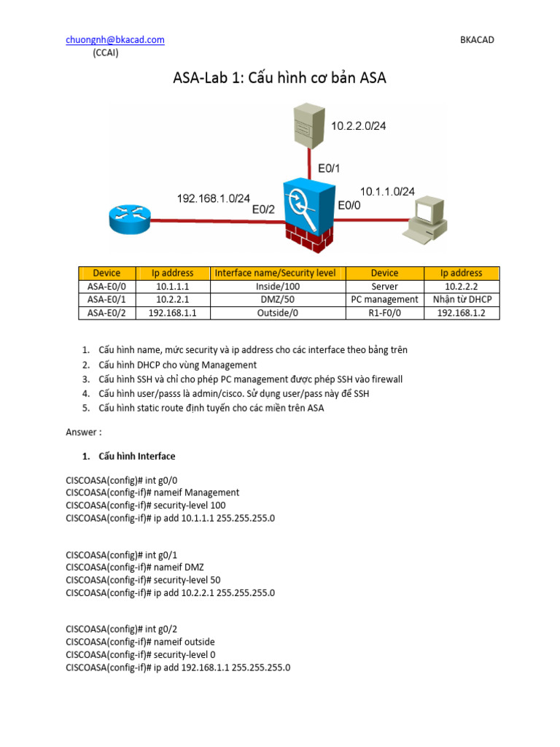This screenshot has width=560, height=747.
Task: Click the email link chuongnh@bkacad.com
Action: click(115, 40)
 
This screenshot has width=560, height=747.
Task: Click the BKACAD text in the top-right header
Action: click(477, 40)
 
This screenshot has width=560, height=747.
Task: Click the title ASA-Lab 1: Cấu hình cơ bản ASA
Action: click(279, 78)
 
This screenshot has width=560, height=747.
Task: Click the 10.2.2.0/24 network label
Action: click(358, 126)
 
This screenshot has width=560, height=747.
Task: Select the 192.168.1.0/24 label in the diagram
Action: click(214, 198)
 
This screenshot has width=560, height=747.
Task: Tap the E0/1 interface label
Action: click(329, 168)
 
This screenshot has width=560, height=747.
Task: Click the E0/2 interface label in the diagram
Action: click(263, 209)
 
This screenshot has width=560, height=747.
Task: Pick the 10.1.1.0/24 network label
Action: click(387, 191)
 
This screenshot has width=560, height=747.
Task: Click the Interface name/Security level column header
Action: click(275, 273)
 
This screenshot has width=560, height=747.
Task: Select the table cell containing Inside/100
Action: click(275, 286)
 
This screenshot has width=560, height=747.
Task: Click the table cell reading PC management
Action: click(384, 299)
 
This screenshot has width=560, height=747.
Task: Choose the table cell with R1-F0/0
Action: click(384, 312)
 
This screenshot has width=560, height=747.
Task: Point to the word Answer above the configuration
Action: click(84, 432)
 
